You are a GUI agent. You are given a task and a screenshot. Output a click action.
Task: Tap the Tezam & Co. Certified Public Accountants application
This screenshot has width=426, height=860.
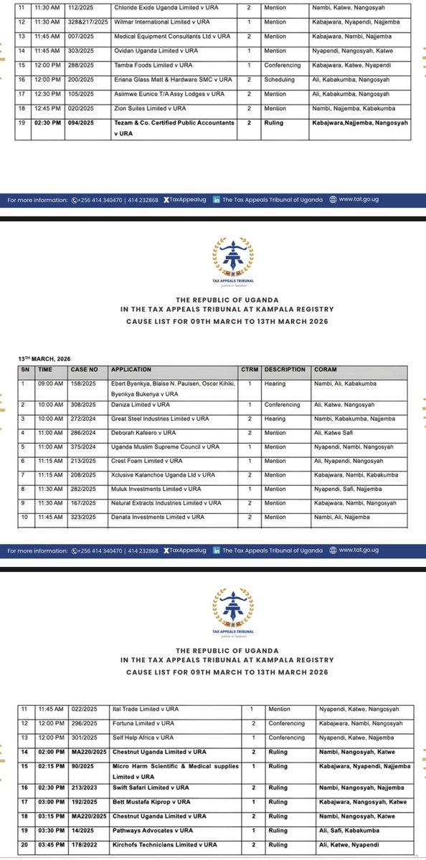174,123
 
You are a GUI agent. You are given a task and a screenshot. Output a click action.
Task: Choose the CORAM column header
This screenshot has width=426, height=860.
324,371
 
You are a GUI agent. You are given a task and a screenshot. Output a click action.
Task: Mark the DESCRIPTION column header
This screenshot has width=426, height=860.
285,371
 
